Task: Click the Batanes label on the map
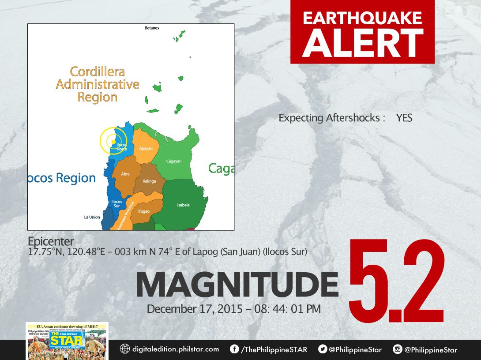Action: coord(152,28)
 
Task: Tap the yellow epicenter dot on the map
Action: coord(113,142)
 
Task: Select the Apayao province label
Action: coord(146,148)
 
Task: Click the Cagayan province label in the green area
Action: coord(174,161)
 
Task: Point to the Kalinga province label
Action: coord(150,181)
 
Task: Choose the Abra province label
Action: coord(125,174)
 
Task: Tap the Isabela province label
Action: coord(183,205)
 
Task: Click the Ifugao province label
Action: coord(144,211)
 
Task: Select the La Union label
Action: coord(92,217)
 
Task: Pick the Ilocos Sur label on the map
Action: coord(116,203)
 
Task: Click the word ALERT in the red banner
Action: coord(363,43)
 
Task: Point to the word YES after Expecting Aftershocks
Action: coord(404,118)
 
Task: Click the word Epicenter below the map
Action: coord(51,241)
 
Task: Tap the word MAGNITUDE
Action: coord(237,285)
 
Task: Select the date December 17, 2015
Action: coord(195,309)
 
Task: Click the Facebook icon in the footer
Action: coord(234,349)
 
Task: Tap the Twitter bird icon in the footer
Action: coord(322,349)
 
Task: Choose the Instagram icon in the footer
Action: coord(398,349)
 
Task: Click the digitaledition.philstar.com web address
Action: coord(175,349)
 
